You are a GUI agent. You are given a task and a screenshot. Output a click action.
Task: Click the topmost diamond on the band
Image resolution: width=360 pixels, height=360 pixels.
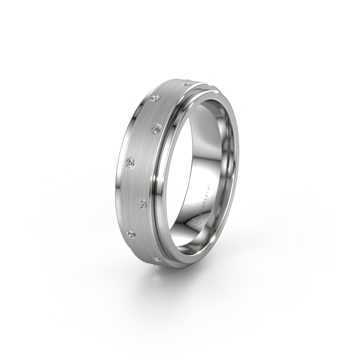pos(189,84)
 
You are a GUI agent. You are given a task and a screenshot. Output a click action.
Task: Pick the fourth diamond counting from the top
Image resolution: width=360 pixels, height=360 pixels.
pos(131,162)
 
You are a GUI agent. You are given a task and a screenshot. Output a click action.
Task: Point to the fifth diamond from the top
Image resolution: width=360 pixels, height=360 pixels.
pos(143,204)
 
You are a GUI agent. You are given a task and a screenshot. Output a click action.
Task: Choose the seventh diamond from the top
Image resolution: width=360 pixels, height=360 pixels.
pos(157,258)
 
